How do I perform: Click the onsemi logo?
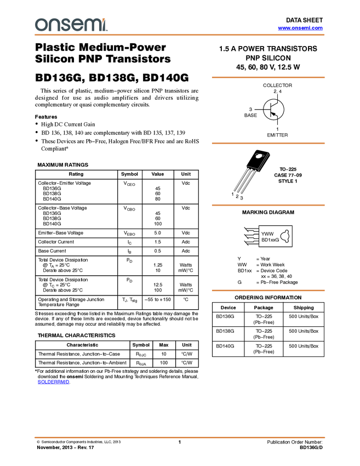[x=71, y=25]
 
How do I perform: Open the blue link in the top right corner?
[x=300, y=28]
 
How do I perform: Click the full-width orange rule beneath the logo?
[x=180, y=35]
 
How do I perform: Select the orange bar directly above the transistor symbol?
[x=268, y=77]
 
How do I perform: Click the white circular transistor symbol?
[x=273, y=109]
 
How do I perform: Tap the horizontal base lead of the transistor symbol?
[x=266, y=109]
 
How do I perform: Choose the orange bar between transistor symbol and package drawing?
[x=268, y=143]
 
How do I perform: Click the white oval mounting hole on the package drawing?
[x=259, y=156]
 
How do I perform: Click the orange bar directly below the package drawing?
[x=268, y=205]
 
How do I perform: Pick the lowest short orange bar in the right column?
[x=268, y=291]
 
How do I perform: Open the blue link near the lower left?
[x=53, y=382]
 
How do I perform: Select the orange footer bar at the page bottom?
[x=180, y=437]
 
